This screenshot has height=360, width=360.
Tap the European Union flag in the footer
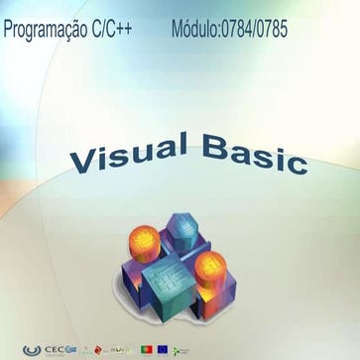163,349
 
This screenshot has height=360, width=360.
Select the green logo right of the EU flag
181,349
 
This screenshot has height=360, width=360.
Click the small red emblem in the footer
99,349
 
